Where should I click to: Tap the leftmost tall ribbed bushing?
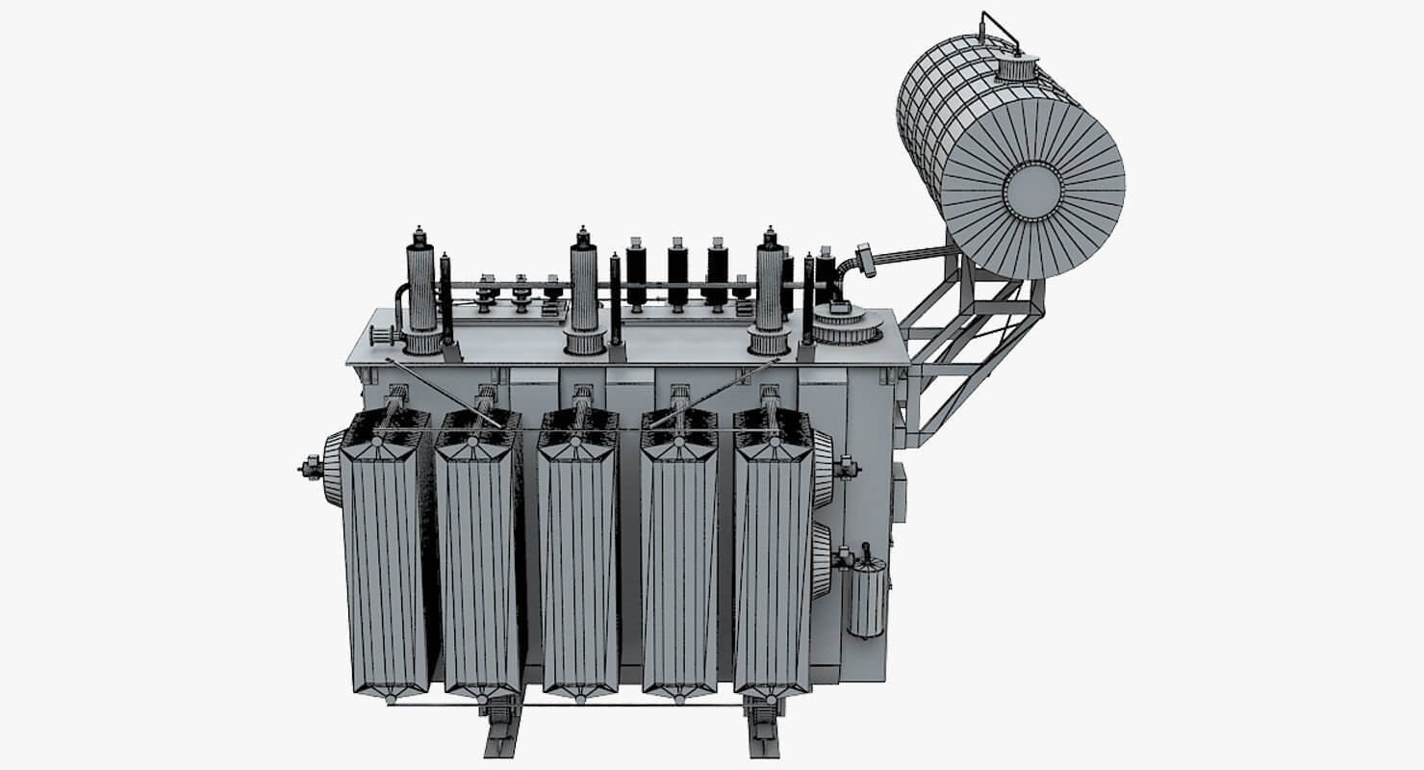pyautogui.click(x=421, y=289)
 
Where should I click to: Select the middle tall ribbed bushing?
pyautogui.click(x=583, y=289)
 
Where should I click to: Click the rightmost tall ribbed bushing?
pyautogui.click(x=769, y=289)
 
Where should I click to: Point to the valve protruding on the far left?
pyautogui.click(x=311, y=469)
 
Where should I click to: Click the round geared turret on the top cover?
pyautogui.click(x=846, y=324)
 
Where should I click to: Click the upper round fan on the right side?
pyautogui.click(x=824, y=469)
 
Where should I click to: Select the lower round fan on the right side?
pyautogui.click(x=821, y=560)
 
